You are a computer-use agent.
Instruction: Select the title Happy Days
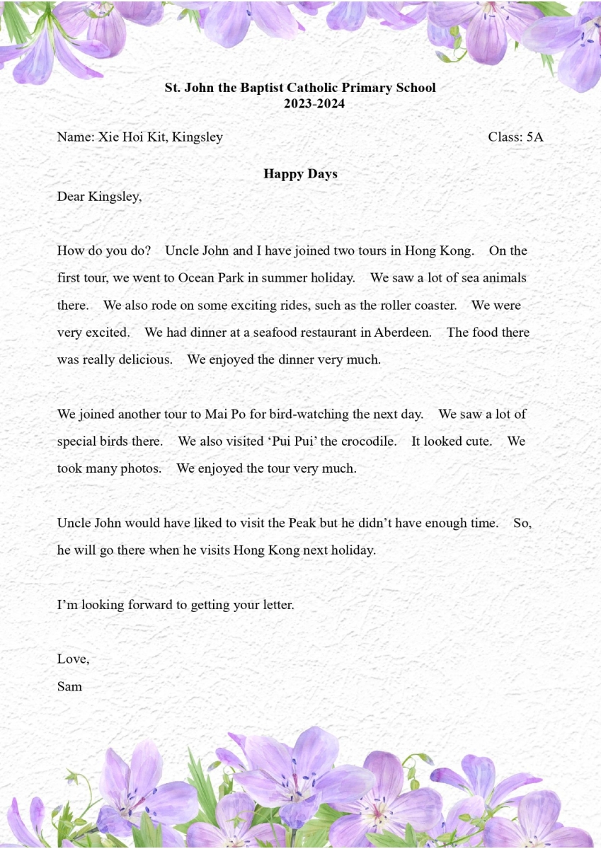(x=300, y=174)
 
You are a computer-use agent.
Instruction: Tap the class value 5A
(x=534, y=137)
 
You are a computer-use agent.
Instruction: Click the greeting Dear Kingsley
(x=99, y=197)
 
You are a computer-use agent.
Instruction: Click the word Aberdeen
(x=402, y=333)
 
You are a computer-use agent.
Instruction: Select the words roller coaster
(x=413, y=306)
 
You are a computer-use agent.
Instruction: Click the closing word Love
(x=72, y=659)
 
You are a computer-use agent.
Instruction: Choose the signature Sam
(x=69, y=686)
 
